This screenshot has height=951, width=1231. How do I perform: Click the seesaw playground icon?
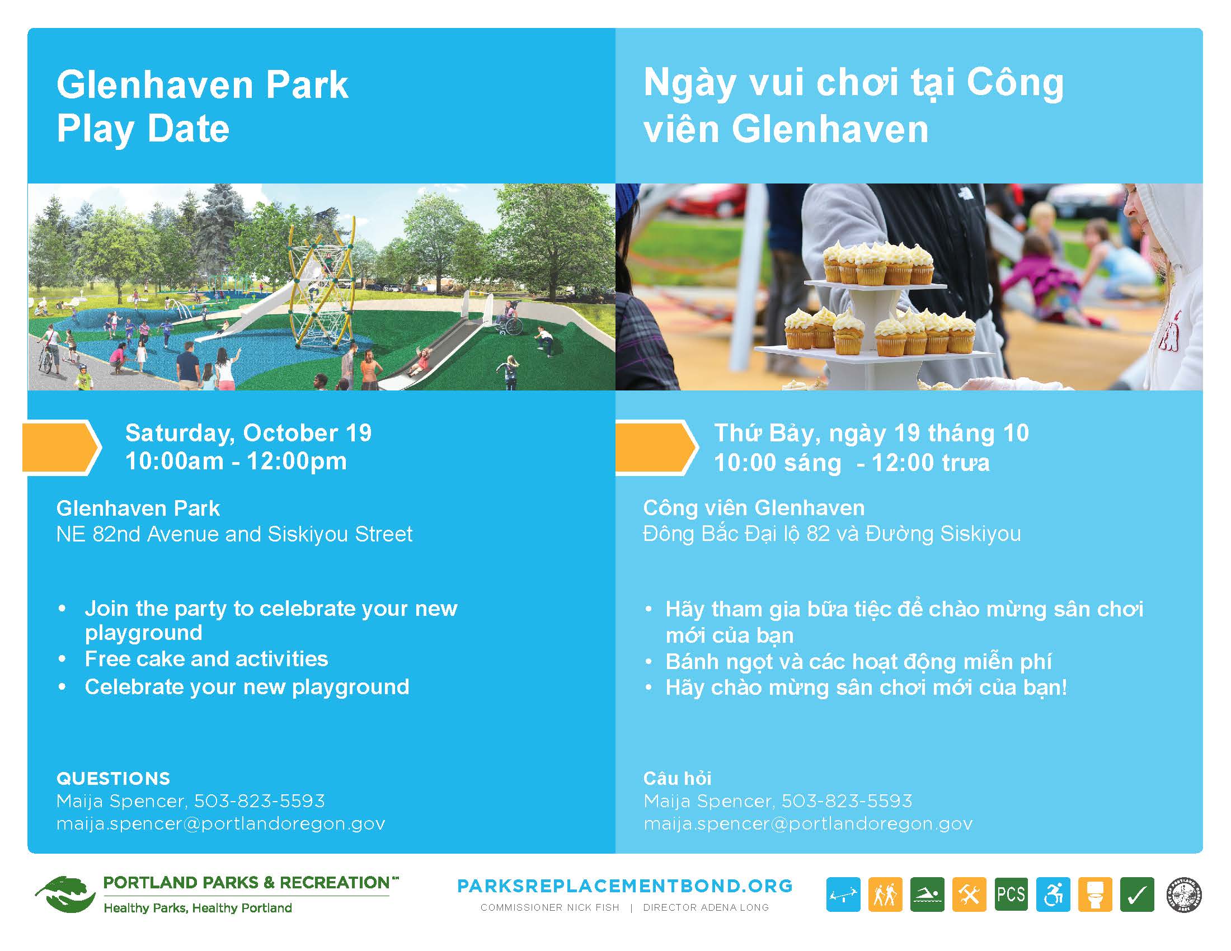coord(843,894)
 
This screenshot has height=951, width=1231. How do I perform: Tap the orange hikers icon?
coord(885,894)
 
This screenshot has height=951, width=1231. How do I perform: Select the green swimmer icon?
coord(927,894)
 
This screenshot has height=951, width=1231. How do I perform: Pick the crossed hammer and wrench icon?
coord(969,894)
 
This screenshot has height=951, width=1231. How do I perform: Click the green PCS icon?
coord(1011,894)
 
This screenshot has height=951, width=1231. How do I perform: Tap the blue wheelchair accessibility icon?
coord(1053,894)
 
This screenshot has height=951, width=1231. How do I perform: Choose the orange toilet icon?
coord(1095,894)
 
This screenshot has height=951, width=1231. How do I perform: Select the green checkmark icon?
coord(1137,894)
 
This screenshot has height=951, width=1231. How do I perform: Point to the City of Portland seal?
coord(1183,894)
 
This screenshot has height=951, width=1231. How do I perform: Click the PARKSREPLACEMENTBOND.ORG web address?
coord(624,886)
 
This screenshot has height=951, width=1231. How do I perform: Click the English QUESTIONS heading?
coord(113,779)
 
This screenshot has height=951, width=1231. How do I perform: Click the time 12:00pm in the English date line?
coord(297,462)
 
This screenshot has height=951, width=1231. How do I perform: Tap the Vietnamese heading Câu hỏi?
coord(677,779)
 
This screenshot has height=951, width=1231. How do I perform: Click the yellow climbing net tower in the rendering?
coord(322,293)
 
